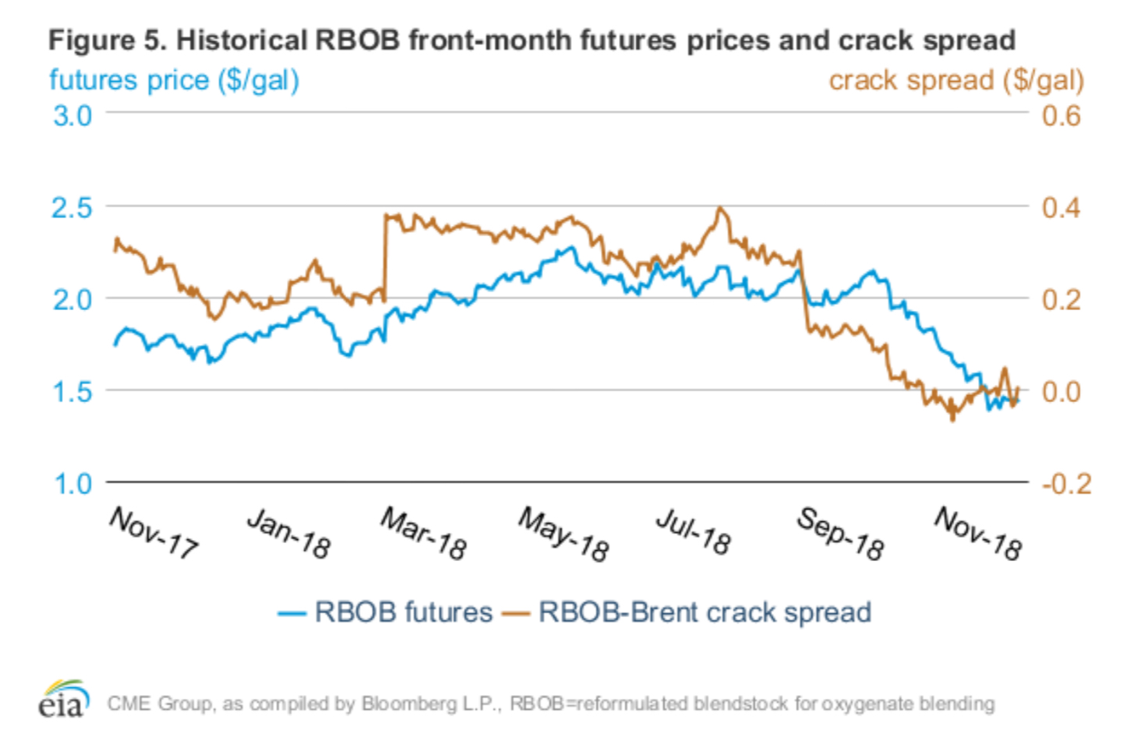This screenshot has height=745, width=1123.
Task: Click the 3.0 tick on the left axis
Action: tap(72, 116)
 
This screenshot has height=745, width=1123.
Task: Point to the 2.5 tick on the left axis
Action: tap(72, 208)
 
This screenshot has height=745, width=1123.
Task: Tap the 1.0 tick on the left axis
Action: tap(72, 484)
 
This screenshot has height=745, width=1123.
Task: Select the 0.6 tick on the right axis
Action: tap(1061, 116)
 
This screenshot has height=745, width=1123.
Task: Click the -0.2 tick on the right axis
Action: tap(1066, 484)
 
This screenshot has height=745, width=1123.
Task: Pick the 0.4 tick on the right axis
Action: tap(1061, 208)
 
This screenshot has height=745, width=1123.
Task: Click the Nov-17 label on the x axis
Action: tap(154, 532)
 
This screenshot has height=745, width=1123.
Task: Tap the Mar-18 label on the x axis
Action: tap(423, 534)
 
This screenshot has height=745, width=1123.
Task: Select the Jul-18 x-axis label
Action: tap(693, 532)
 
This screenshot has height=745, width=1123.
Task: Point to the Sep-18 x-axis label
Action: tap(839, 534)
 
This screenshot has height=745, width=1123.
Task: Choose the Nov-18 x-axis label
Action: tap(977, 534)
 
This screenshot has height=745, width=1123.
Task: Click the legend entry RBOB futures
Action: tap(403, 613)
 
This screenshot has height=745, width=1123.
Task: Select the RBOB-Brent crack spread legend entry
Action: tap(705, 613)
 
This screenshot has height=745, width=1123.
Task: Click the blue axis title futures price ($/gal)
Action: tap(174, 80)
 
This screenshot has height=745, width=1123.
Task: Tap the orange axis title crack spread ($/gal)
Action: tap(956, 80)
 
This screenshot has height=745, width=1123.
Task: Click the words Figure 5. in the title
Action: tap(107, 40)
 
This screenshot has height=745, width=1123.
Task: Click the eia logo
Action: tap(63, 699)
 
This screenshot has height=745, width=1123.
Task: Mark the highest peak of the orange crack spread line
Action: tap(721, 208)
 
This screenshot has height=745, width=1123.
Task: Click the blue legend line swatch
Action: tap(291, 613)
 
